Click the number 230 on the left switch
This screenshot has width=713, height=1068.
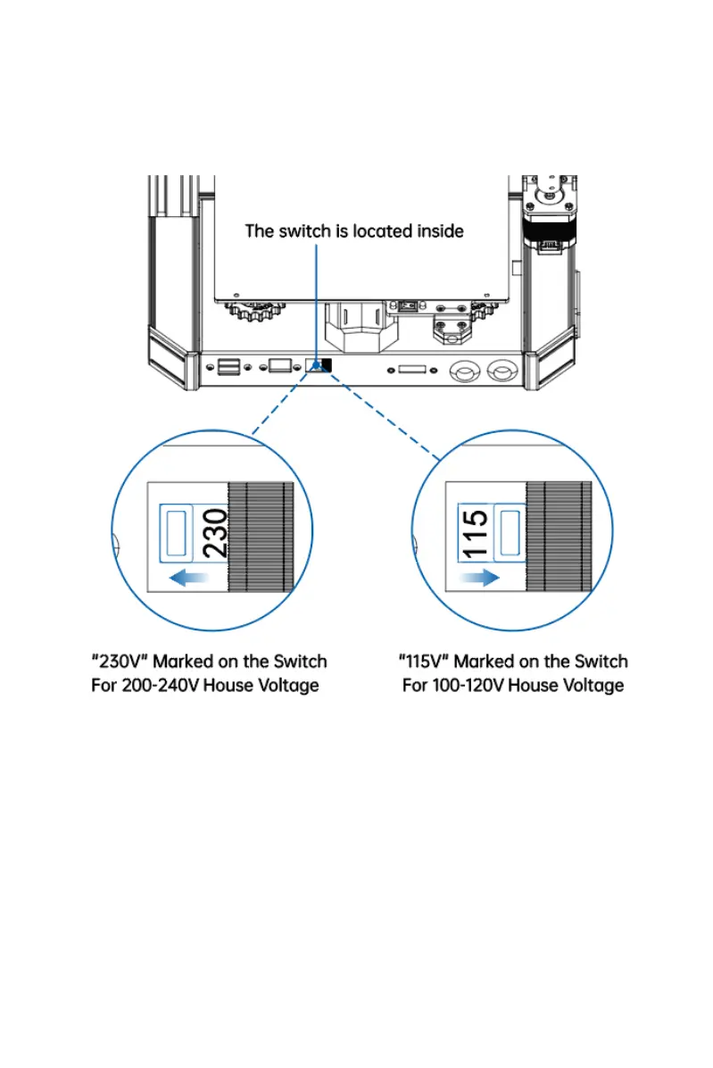(x=215, y=533)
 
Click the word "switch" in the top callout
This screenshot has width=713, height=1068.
(x=307, y=230)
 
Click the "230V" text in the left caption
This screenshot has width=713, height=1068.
(x=120, y=662)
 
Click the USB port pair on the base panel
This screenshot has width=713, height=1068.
(x=228, y=365)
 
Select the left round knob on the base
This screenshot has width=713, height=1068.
(x=465, y=368)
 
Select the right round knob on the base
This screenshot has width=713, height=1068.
(x=504, y=368)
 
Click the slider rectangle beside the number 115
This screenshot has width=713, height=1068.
(x=510, y=532)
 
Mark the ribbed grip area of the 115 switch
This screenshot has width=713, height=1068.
(x=559, y=536)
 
